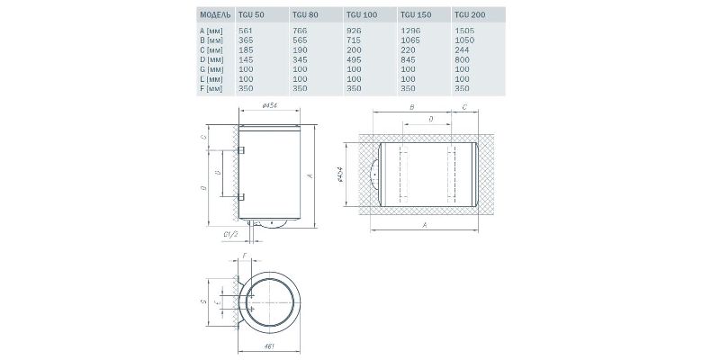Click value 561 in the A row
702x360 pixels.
[x=244, y=31]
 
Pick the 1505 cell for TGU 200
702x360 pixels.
[x=464, y=31]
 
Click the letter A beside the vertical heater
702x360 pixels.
[x=310, y=176]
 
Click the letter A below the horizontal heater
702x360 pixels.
[x=423, y=226]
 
